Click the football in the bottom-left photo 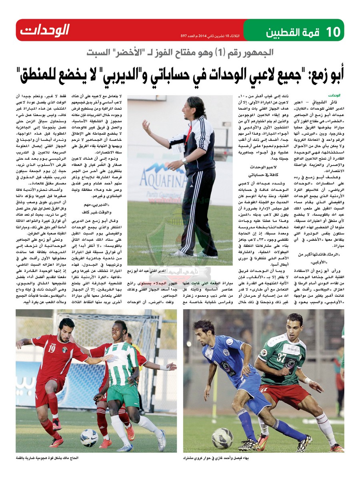[89, 438]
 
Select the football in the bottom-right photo [222, 438]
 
